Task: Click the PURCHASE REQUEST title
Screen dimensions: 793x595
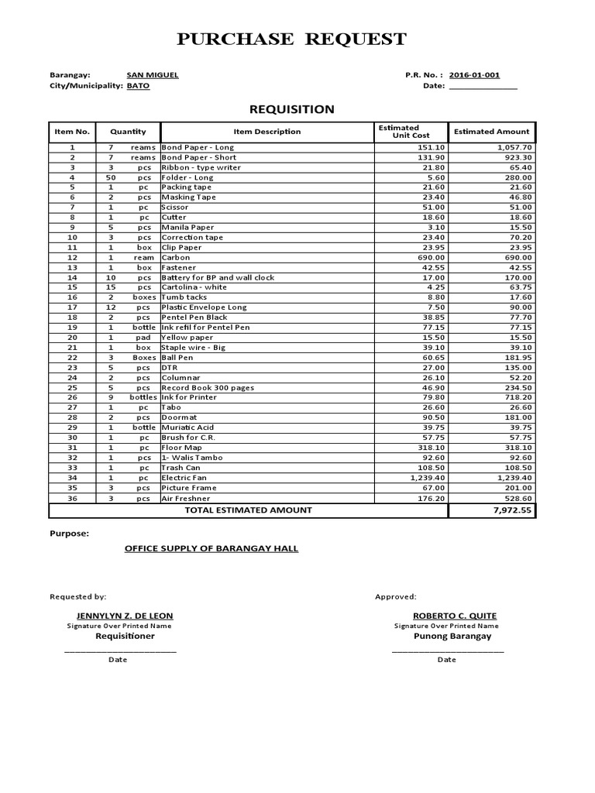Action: click(291, 39)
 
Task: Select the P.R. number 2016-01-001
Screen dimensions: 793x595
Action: click(474, 75)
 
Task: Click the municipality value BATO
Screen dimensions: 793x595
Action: click(138, 86)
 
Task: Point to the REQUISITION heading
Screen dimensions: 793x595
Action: click(291, 109)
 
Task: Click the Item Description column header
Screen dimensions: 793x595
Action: click(267, 132)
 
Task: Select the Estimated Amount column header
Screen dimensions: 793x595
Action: click(492, 132)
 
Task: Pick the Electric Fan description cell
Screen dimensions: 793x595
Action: click(184, 478)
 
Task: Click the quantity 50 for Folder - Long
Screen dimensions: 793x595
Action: click(111, 177)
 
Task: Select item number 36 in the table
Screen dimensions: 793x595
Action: click(72, 499)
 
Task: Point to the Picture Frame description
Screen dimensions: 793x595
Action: click(189, 488)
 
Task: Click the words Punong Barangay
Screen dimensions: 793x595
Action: click(447, 636)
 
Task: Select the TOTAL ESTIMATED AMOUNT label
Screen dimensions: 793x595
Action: click(248, 510)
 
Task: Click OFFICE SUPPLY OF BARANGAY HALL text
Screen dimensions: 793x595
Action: click(212, 548)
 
